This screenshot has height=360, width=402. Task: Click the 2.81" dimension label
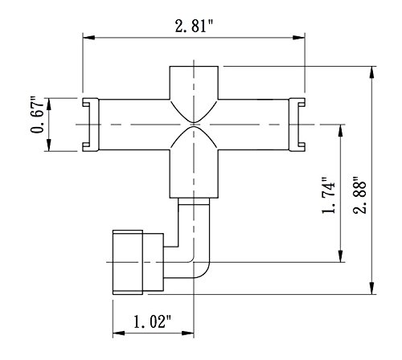(194, 27)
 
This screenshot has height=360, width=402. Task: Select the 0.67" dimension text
(37, 115)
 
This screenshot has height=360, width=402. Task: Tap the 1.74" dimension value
(329, 195)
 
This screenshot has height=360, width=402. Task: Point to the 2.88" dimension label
(359, 194)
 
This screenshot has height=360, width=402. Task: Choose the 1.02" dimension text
(152, 321)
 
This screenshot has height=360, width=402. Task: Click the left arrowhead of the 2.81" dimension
(88, 38)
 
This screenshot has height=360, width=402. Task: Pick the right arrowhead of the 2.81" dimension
(299, 38)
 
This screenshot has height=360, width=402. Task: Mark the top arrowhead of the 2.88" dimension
(371, 72)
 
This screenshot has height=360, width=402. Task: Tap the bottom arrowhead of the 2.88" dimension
(371, 288)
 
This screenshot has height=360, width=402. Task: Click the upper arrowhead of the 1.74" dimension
(341, 131)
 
